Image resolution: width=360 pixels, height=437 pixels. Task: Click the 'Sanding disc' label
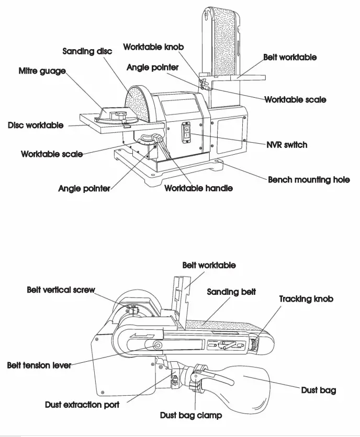coord(87,51)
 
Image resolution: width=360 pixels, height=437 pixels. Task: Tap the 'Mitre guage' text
coord(42,71)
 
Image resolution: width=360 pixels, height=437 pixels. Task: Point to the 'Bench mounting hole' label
coord(309,180)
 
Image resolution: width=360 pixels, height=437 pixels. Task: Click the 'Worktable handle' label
coord(198,188)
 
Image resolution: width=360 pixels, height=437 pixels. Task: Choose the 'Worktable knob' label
coord(153,47)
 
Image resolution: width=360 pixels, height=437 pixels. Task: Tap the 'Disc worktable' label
coord(36,125)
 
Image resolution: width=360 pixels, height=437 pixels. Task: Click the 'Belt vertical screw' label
coord(61,290)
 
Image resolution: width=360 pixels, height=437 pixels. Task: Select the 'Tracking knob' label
coord(306,299)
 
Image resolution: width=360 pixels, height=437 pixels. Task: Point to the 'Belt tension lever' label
coord(39,365)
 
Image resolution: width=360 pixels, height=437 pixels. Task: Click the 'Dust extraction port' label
coord(82,405)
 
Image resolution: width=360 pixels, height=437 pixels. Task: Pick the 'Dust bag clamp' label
coord(190,416)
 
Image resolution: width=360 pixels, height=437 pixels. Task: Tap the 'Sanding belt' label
coord(231,292)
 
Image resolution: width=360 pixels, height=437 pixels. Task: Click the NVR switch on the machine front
coord(186,133)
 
